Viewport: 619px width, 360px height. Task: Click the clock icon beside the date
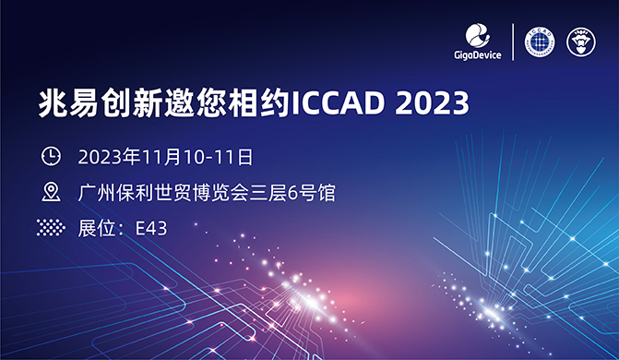52,155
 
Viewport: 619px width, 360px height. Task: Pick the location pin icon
52,192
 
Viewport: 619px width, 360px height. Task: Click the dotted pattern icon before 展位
52,227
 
